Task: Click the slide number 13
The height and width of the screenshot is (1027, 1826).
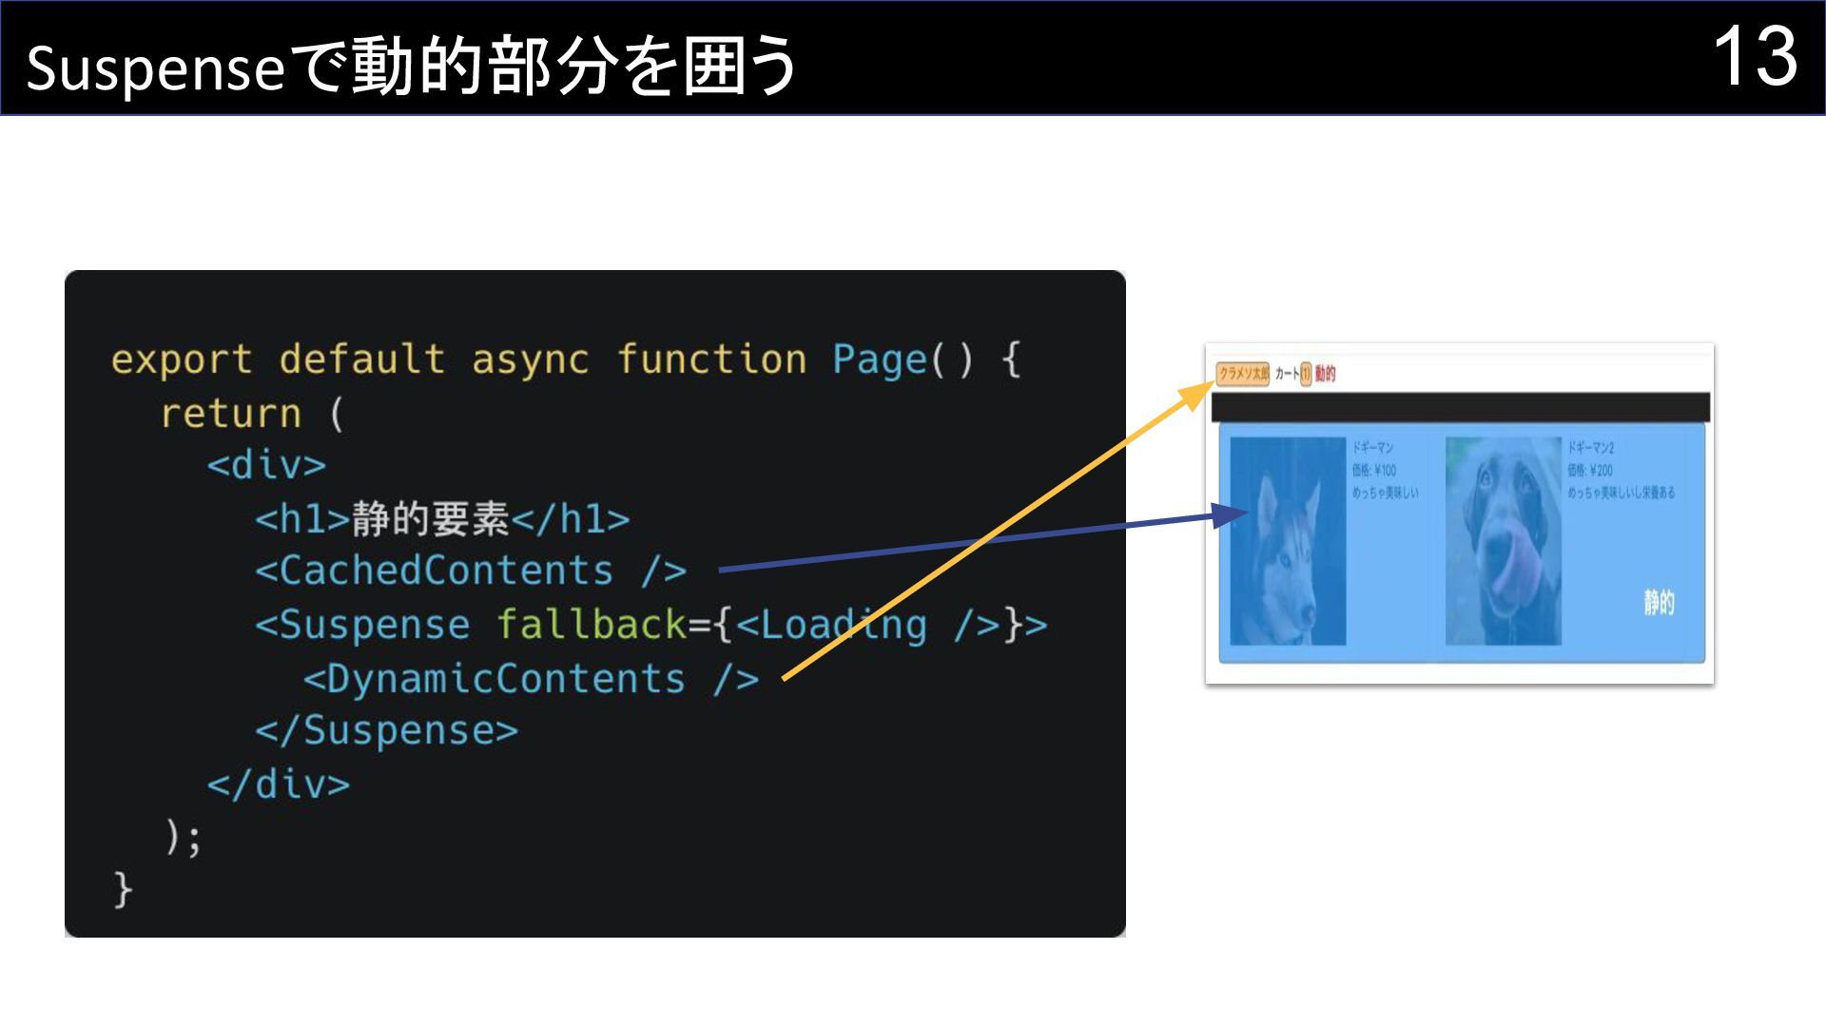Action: pos(1755,57)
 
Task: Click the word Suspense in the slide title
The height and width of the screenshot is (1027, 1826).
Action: pos(155,68)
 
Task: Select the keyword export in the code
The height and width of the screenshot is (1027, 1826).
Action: pos(182,359)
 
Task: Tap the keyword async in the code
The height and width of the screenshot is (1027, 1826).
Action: pos(530,359)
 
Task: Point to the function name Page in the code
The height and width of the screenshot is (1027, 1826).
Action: pos(879,359)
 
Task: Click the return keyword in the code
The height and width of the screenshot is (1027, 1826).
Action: pos(230,414)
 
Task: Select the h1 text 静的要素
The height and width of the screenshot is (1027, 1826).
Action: pos(430,519)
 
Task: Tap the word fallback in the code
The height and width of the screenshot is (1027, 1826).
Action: pos(591,625)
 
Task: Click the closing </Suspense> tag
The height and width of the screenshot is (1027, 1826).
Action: pos(386,730)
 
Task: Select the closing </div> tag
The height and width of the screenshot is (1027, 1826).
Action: pos(278,785)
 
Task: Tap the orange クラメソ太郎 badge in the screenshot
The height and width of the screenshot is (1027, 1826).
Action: pos(1243,374)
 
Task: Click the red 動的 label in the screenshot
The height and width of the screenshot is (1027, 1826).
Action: pos(1326,374)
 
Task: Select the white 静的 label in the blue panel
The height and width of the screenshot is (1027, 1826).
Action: pos(1659,602)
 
